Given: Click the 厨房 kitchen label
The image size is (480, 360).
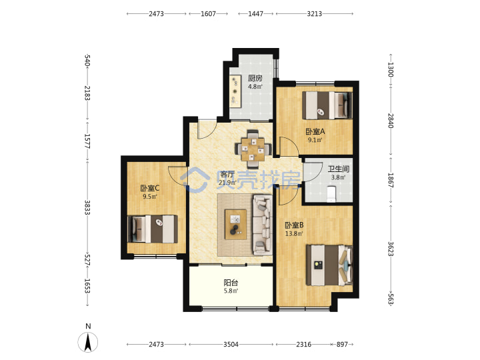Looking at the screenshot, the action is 255,79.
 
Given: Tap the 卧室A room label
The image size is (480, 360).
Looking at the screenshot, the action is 315,131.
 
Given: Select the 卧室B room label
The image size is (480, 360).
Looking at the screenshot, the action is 294,225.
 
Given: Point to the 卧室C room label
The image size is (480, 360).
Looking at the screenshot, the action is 150,188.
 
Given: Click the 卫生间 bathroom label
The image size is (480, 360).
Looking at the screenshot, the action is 338,169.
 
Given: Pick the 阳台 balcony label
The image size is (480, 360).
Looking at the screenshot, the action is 231,283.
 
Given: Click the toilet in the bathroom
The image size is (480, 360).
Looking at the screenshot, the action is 331,194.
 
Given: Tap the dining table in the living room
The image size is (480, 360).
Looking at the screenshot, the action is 253,149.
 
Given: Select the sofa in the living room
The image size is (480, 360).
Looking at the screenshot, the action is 263,225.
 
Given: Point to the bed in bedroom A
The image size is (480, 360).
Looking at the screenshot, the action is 327,105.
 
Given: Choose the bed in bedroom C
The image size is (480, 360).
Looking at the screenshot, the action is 153,229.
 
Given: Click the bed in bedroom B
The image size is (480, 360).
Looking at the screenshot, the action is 330,265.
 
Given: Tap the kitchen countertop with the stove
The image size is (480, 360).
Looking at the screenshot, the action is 235,91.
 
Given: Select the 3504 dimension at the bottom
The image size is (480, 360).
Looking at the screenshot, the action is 231,345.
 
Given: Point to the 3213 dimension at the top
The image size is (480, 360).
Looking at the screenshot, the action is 315,14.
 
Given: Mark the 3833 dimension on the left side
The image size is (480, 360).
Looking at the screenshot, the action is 87,207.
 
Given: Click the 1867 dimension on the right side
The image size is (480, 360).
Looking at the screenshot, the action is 391,180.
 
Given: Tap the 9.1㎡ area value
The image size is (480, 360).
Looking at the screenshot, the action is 315,140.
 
